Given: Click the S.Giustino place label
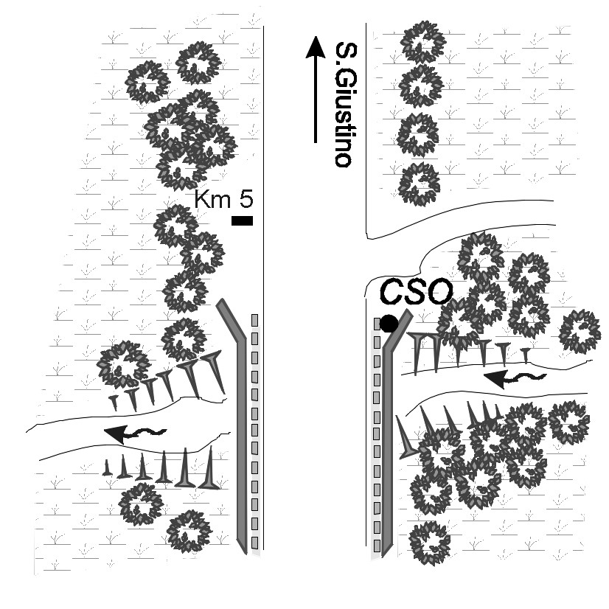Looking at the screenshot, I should pos(341,104).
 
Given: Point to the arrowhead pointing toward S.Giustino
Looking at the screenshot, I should pos(316,49).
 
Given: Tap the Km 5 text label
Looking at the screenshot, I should pos(223,199).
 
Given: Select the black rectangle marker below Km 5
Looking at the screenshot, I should pos(242,220).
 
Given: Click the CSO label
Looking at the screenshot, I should pos(414,292).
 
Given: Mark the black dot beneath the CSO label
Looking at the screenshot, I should pos(389,323).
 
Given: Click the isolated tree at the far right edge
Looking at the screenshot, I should pos(580,332).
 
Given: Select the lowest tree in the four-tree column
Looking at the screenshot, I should pos(420,184).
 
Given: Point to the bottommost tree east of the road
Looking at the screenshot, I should pos(429,542).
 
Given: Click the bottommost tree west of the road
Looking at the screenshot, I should pos(189,532).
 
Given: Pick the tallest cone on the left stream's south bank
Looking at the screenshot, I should pos(210,468).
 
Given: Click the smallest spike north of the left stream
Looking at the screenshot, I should pos(114,401).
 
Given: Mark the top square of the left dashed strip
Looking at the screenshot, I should pos(255,320).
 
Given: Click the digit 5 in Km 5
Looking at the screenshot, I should pos(246,199).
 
